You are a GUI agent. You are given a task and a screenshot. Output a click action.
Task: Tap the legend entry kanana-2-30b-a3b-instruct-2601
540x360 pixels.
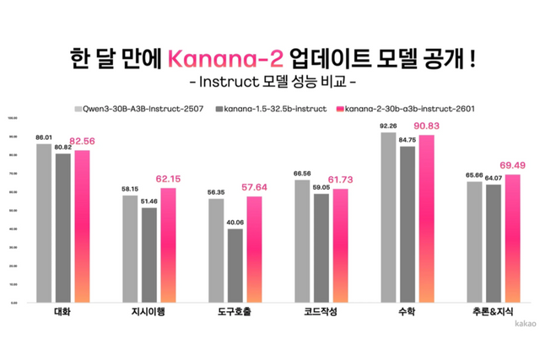point(404,110)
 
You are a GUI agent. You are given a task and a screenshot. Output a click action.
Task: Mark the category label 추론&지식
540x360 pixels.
point(485,311)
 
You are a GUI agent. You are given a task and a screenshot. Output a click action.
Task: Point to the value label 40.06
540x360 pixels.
point(235,223)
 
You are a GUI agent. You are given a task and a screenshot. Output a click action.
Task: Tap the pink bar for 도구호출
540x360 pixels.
point(254,249)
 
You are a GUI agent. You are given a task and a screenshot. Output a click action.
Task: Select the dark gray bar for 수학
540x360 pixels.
point(408,223)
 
